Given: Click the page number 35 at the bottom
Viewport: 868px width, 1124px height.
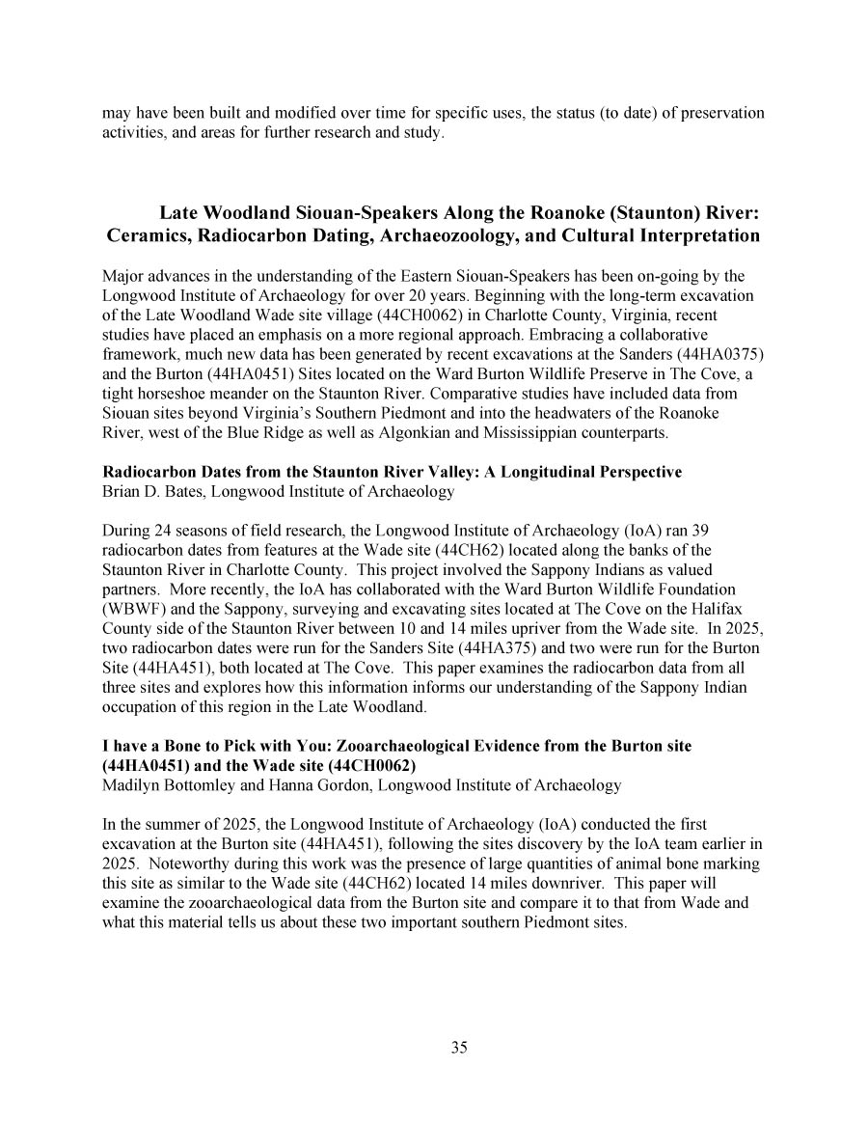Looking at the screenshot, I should pyautogui.click(x=459, y=1048).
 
